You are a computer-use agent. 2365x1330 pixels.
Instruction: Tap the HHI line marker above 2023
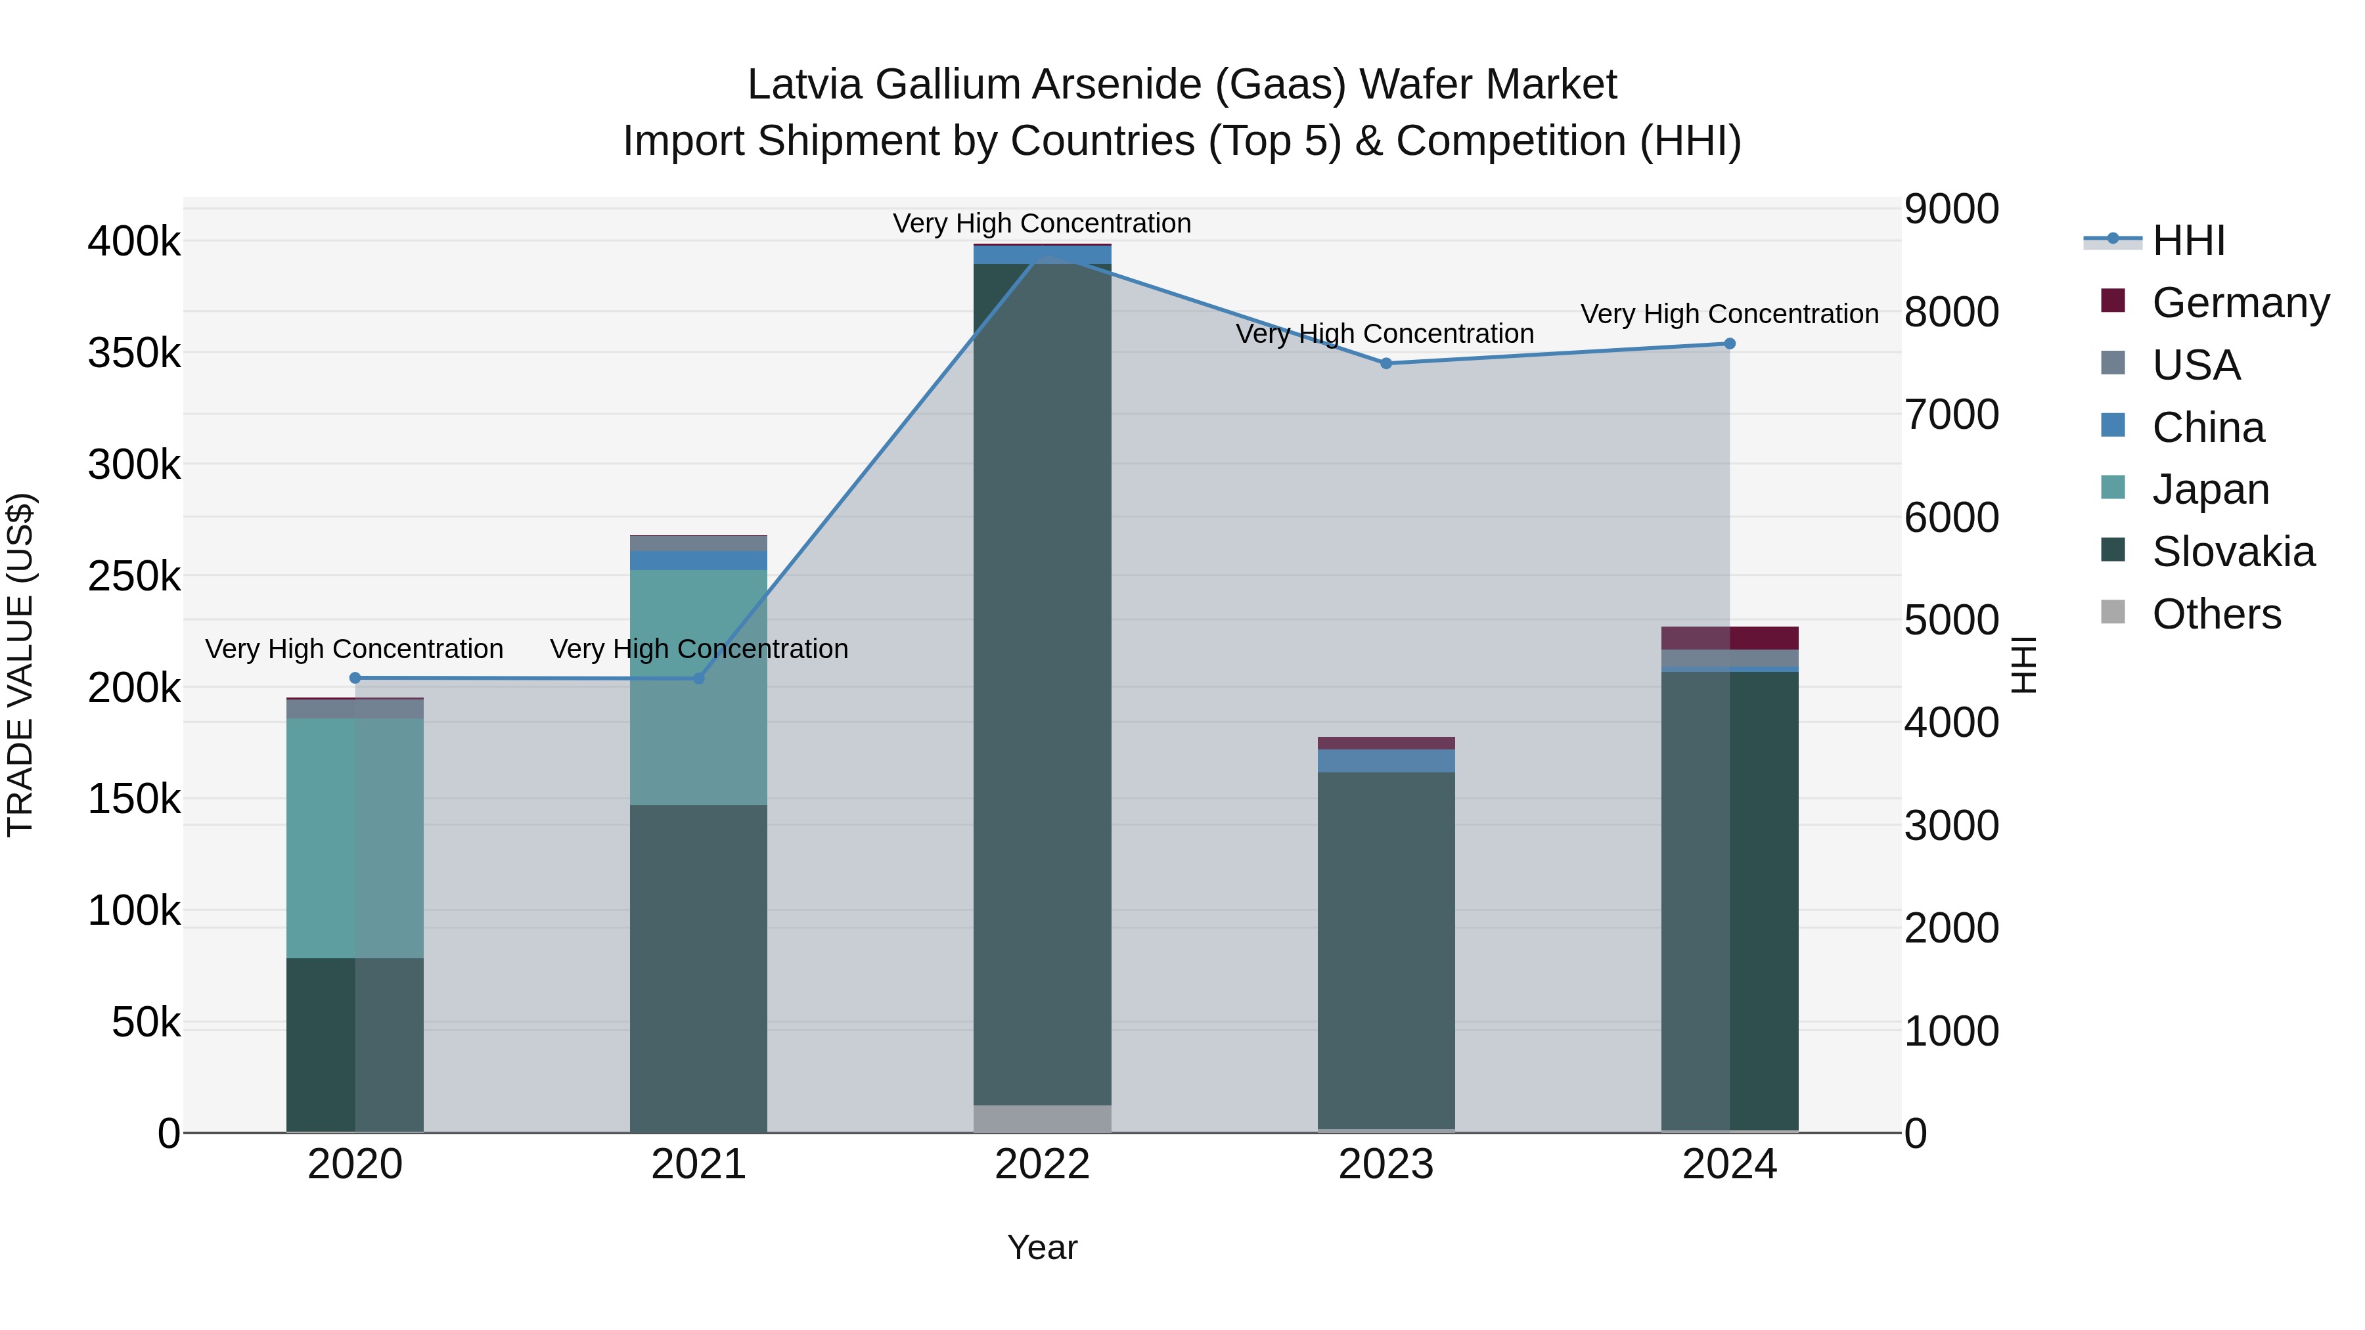pos(1386,363)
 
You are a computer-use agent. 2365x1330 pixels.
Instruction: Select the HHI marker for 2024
pos(1730,344)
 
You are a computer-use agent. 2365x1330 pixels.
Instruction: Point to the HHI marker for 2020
pos(355,678)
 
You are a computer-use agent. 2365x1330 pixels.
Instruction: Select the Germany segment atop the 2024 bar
pos(1730,638)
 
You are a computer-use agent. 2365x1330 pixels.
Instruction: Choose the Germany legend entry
pos(2240,302)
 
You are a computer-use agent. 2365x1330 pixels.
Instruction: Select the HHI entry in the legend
pos(2188,240)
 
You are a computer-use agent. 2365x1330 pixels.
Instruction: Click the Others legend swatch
pos(2113,612)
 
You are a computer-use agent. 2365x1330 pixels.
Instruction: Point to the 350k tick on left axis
pos(134,353)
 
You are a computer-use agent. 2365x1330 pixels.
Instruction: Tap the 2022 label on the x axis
pos(1042,1164)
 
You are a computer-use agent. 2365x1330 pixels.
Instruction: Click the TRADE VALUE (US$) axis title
pos(20,665)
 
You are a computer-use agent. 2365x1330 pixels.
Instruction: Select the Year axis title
pos(1042,1247)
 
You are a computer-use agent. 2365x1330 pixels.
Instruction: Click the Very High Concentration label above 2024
pos(1729,314)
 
